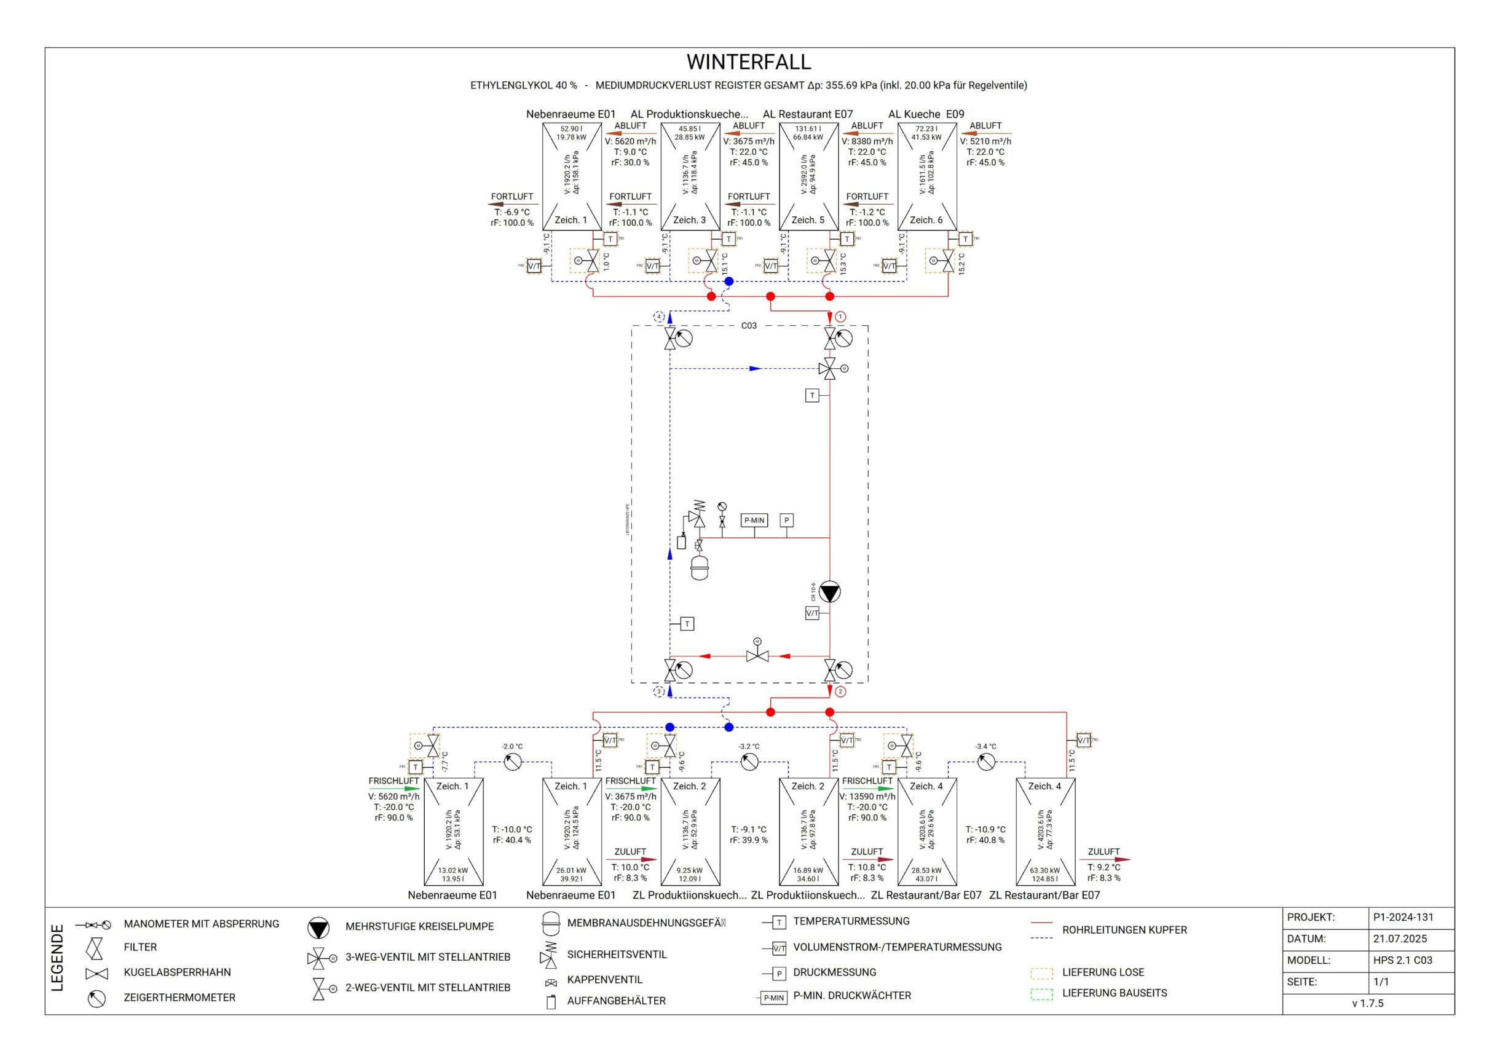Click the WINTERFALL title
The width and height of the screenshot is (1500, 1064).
pos(748,61)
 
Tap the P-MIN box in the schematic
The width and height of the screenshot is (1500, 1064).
pos(754,520)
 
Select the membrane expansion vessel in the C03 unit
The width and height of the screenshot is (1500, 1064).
pos(700,567)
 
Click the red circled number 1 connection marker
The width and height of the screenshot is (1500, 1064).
pos(841,317)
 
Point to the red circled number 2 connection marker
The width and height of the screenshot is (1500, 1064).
pos(841,692)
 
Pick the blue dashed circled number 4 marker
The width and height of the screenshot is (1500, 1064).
pos(659,317)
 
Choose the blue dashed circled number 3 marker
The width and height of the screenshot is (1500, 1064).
pos(659,692)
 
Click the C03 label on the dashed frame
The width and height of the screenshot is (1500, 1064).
pos(748,326)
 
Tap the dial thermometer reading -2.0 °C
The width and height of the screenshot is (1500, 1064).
pos(513,762)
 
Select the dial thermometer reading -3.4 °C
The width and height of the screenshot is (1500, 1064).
pos(985,762)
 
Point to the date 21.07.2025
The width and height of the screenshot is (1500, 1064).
pos(1400,939)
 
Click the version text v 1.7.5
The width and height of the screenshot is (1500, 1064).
pos(1368,1003)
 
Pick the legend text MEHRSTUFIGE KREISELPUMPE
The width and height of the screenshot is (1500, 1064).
pos(419,926)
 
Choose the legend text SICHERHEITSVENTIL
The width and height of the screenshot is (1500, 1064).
pos(617,955)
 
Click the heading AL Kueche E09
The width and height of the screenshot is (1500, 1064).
pos(926,114)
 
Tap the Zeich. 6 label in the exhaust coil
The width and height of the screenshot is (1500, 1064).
pos(926,220)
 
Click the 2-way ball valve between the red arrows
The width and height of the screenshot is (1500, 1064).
pos(757,656)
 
